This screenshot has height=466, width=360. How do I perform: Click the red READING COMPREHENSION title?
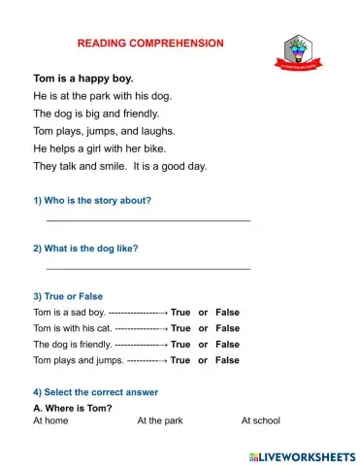point(150,44)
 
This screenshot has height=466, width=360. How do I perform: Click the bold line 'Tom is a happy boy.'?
point(83,78)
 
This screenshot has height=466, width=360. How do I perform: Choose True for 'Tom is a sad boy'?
point(180,313)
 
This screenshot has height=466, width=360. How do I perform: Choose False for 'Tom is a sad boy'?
point(227,313)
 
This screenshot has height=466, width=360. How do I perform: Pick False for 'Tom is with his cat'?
point(227,328)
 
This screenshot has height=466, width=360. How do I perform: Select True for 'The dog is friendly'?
point(180,344)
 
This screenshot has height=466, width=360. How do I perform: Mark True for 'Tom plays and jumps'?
point(180,360)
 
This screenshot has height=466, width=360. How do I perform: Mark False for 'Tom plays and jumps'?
point(227,360)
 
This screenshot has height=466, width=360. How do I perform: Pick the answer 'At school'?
point(260,421)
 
